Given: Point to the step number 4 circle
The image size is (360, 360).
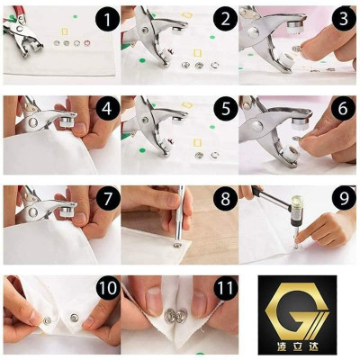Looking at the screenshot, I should point(107,109).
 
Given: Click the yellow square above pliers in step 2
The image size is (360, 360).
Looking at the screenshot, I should point(187,15).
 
